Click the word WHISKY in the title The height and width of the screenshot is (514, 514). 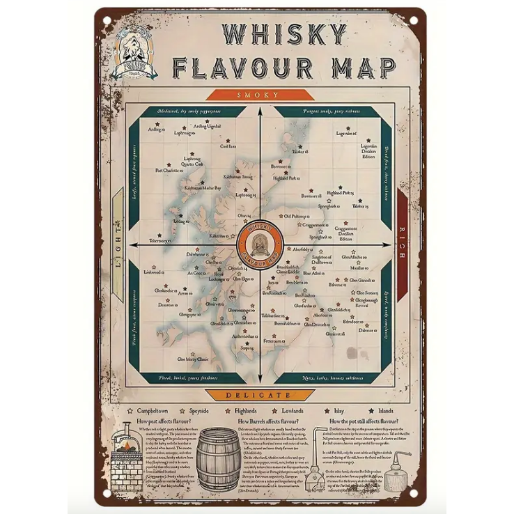[283, 35]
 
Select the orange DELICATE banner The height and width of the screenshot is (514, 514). [258, 395]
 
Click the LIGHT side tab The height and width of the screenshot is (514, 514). [118, 245]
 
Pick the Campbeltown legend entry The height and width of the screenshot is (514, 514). [152, 411]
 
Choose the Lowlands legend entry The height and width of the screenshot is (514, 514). [287, 411]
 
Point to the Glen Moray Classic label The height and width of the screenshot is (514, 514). [193, 359]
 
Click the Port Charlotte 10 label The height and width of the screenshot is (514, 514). [167, 170]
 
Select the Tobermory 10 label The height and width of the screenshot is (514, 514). [158, 241]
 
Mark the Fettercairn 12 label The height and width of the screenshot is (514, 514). [274, 341]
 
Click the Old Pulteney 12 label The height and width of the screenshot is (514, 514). [296, 217]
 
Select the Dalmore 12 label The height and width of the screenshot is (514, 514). [368, 330]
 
